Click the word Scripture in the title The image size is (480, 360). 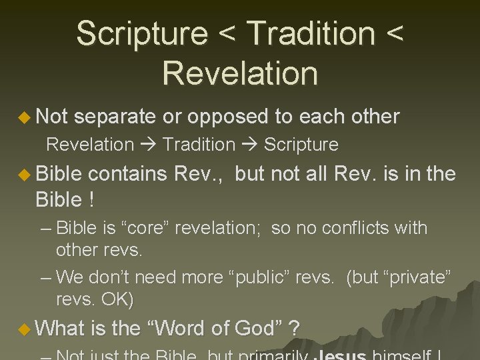(142, 34)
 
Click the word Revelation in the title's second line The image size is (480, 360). (239, 73)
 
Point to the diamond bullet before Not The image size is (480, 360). (25, 117)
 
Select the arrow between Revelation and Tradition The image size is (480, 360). (148, 145)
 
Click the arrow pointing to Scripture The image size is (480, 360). (250, 145)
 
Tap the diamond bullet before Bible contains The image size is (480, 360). (25, 175)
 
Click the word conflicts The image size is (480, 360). (345, 228)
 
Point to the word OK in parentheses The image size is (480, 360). (117, 300)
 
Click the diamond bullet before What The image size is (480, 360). (25, 329)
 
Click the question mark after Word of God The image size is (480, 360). (295, 328)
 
